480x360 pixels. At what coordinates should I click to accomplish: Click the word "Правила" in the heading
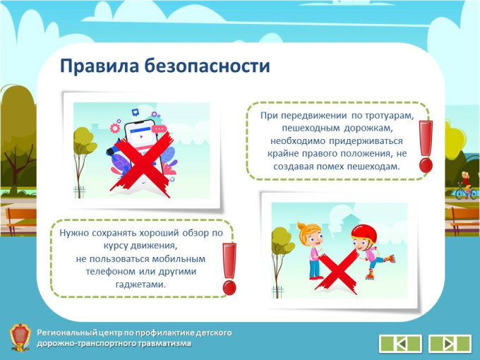[x=100, y=66]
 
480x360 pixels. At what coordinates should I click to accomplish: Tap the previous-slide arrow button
[x=400, y=344]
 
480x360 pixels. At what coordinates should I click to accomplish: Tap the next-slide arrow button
[x=450, y=344]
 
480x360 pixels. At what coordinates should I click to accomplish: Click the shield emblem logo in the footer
[x=20, y=337]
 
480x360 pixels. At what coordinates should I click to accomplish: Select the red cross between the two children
[x=337, y=270]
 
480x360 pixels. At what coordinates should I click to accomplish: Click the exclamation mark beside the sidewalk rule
[x=426, y=146]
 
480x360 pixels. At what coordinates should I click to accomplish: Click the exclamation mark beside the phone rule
[x=229, y=269]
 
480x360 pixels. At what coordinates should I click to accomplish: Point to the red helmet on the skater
[x=364, y=233]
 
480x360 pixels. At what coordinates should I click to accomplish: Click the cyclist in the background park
[x=466, y=186]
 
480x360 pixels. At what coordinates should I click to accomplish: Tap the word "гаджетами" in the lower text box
[x=140, y=284]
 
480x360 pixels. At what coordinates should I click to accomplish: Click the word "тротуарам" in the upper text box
[x=389, y=116]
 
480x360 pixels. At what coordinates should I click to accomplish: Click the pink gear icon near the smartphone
[x=115, y=128]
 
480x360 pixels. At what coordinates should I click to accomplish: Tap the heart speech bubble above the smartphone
[x=135, y=112]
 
